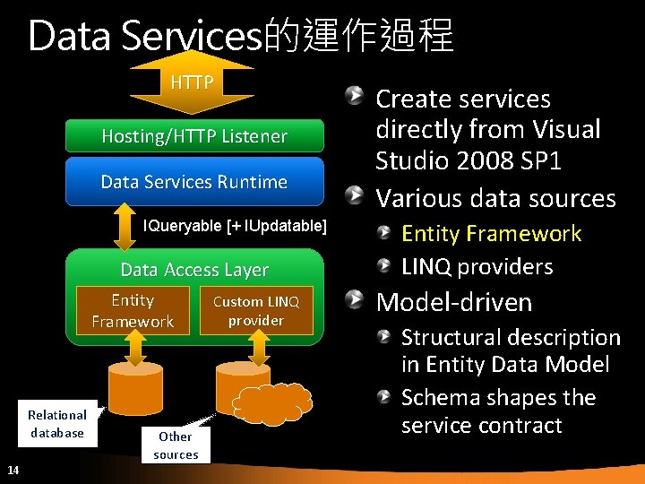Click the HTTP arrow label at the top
pos(193,83)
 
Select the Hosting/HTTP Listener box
pos(194,136)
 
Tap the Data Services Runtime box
pos(194,182)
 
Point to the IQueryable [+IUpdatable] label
pos(235,225)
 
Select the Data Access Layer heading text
pos(194,270)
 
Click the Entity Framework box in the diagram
pos(133,310)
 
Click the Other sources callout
pos(176,445)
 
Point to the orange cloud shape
pos(273,404)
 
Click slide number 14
pos(13,470)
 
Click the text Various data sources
pos(495,197)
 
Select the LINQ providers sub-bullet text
pos(477,266)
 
